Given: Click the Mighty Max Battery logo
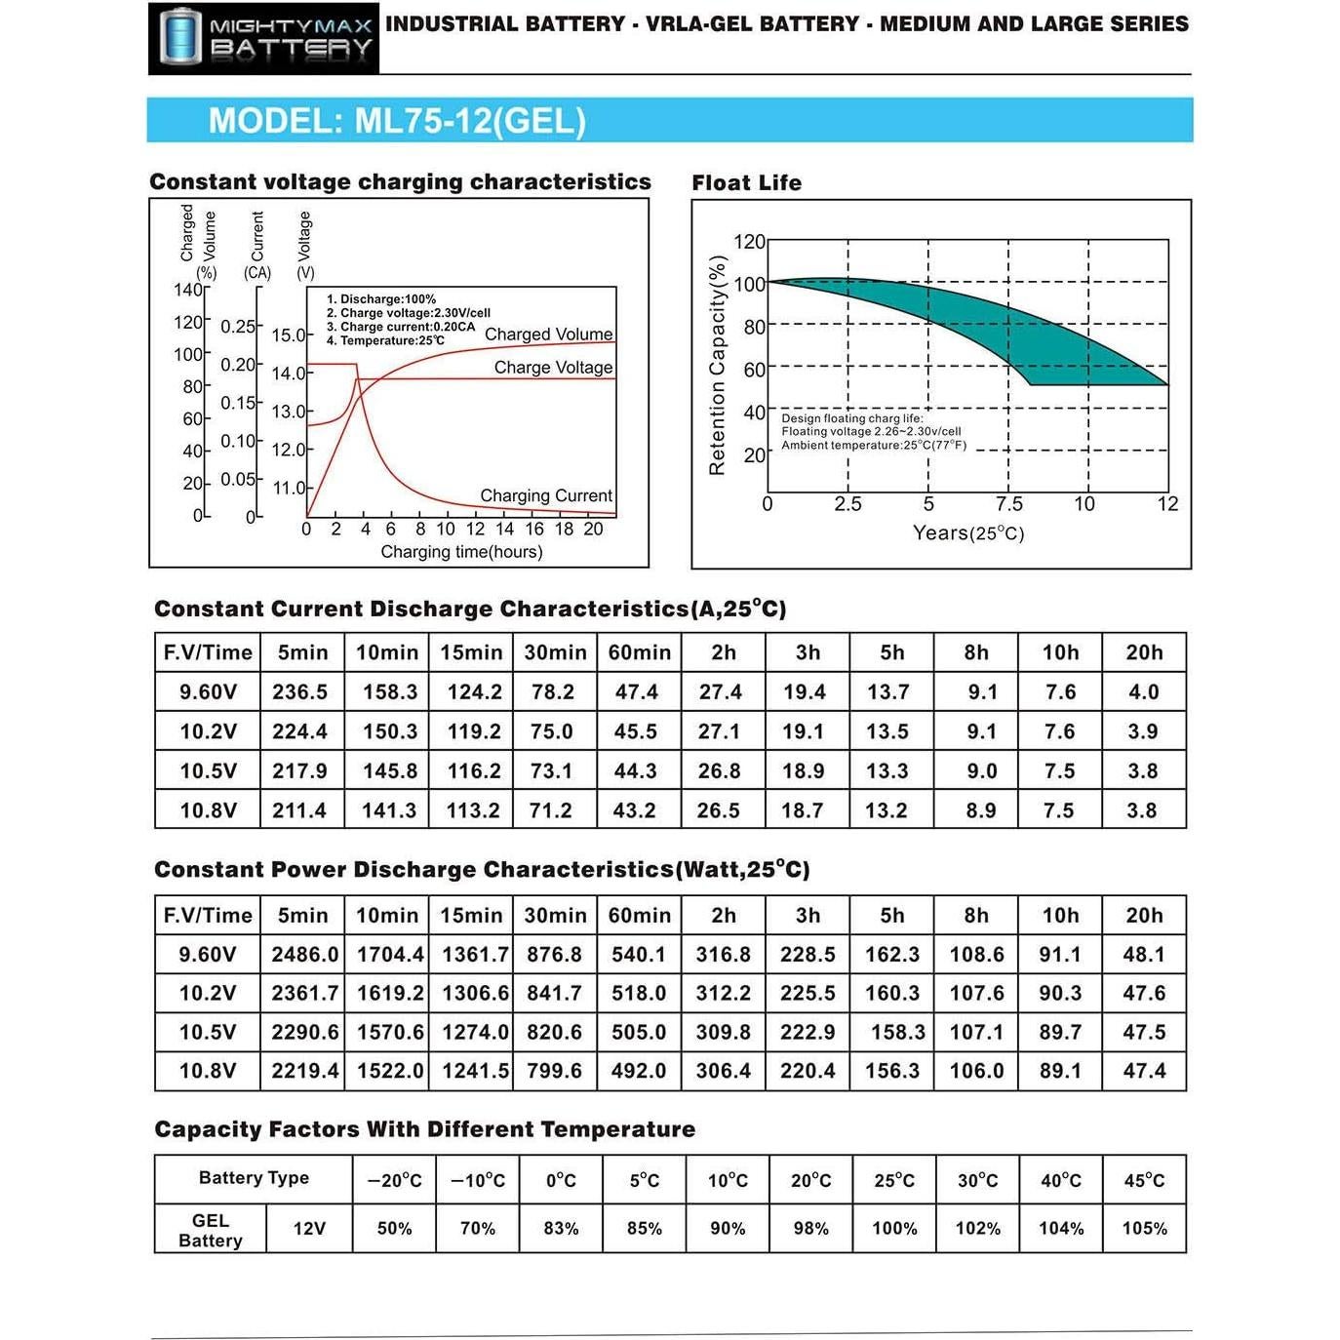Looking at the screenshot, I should pos(263,38).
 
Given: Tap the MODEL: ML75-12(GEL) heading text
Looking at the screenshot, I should pos(397,121).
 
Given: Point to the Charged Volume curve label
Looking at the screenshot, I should pos(548,335).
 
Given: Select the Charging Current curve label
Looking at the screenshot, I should pos(546,495).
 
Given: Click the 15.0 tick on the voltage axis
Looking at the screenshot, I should pos(288,335).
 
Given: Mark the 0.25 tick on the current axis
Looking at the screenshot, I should pos(238,327).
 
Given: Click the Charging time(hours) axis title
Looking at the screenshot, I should pos(461,552).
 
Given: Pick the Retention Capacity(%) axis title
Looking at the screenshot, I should pos(718,366).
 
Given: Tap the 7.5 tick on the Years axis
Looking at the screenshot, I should pos(1009,504).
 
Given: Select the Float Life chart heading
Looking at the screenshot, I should pos(746,182).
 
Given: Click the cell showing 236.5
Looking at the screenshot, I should pos(300,692).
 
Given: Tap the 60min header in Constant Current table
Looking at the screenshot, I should pos(639,652).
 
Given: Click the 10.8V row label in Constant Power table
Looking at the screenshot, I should pos(208,1071).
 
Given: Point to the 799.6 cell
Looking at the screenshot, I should pos(554,1071).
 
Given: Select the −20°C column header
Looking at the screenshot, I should pos(394,1180).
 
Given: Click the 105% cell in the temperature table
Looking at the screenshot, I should pos(1144,1229).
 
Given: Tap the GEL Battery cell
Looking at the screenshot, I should pos(211,1230).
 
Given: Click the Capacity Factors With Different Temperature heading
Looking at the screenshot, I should pos(425,1129).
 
